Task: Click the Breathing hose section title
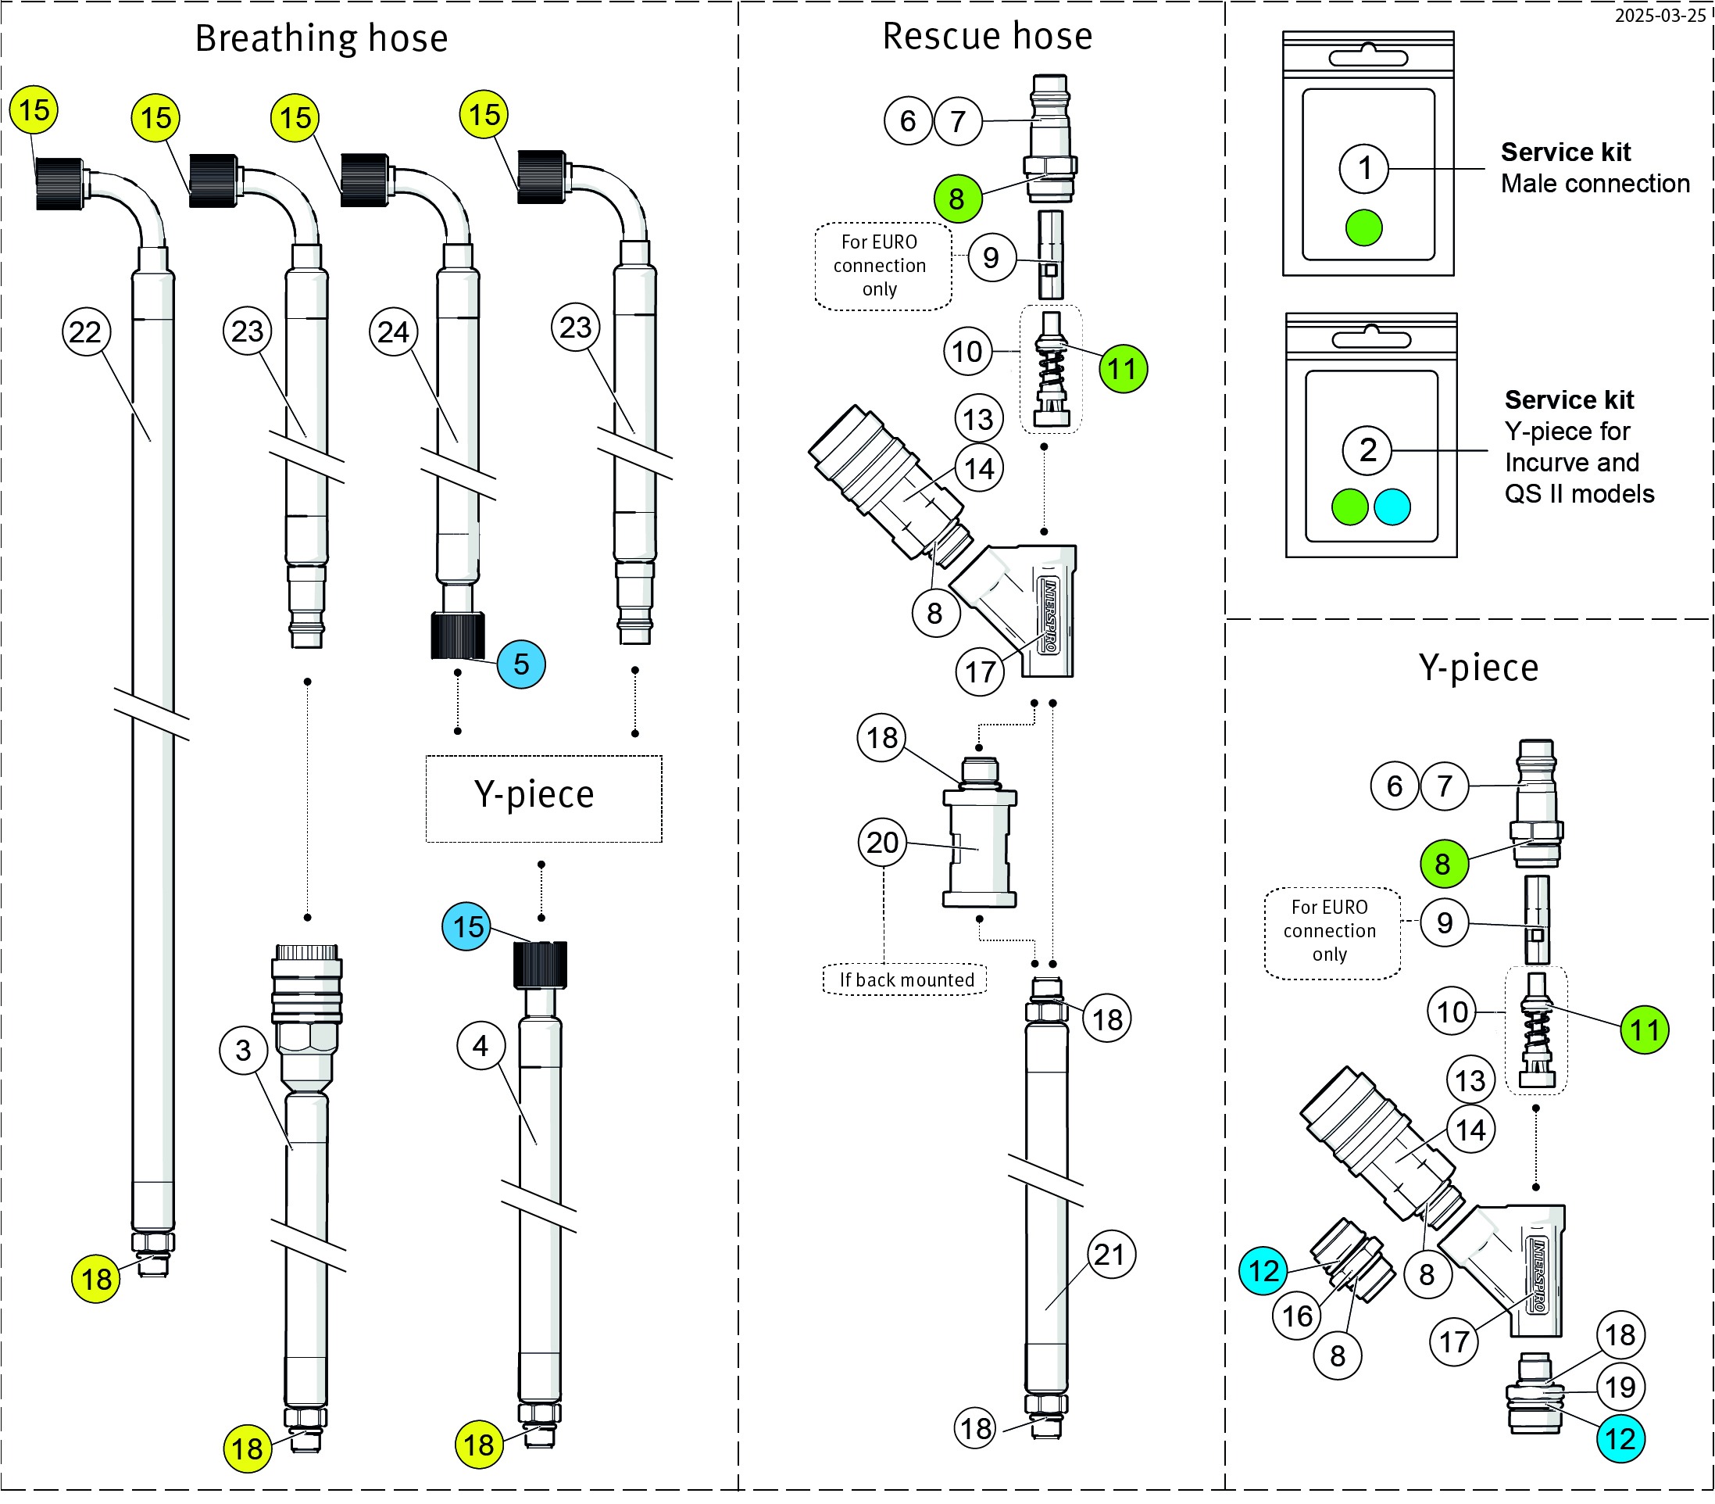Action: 321,38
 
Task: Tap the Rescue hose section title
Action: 987,36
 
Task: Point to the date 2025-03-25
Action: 1660,15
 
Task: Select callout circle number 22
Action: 87,331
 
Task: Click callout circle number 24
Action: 394,331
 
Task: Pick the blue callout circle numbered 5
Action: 521,664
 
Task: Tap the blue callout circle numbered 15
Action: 466,926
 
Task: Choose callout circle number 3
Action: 243,1049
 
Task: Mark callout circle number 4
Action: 481,1045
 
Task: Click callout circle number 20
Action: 883,842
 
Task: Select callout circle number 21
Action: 1111,1254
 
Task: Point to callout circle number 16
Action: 1297,1315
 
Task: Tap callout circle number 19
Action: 1620,1387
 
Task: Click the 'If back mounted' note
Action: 906,979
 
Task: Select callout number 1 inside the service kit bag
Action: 1364,168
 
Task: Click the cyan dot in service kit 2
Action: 1393,507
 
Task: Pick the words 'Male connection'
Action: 1594,183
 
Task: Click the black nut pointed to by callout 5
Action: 458,636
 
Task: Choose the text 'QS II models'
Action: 1578,493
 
